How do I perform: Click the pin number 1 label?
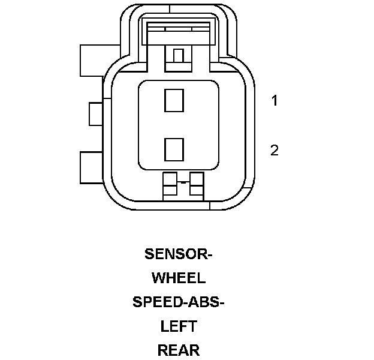pos(275,101)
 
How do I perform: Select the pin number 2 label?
pos(275,150)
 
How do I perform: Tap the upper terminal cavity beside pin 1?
pos(174,100)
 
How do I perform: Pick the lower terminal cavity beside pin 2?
pos(174,148)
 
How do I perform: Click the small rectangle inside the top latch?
pos(178,56)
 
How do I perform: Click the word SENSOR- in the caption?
pos(179,254)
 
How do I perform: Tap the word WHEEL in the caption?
pos(179,278)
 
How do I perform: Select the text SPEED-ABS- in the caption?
pos(179,302)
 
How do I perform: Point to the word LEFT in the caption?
pos(179,326)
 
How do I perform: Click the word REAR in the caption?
pos(179,350)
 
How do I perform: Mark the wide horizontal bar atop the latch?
pos(178,28)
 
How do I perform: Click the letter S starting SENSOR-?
pos(149,254)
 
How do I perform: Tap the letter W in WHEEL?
pos(159,278)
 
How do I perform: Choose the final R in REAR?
pos(194,350)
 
